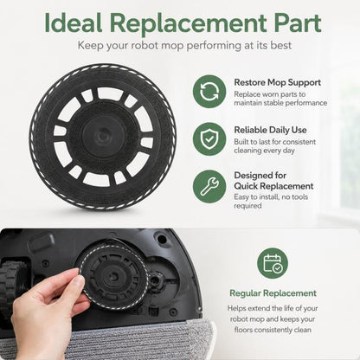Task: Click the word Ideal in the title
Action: coord(74,22)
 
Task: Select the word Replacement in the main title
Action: coord(188,24)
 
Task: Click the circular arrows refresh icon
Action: coord(209,92)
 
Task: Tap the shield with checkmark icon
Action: coord(209,139)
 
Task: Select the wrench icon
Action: coord(209,187)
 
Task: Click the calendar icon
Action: coord(273,263)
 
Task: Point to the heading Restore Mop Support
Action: coord(277,82)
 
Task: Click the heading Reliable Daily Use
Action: coord(270,130)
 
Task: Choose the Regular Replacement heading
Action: coord(273,293)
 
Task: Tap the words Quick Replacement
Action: coord(273,186)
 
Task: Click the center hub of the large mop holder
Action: coord(101,136)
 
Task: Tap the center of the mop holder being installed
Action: coord(113,277)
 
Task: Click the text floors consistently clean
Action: coord(273,330)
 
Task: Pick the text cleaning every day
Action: coord(264,151)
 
